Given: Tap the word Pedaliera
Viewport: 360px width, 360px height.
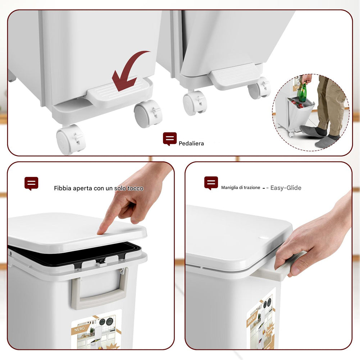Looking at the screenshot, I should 191,143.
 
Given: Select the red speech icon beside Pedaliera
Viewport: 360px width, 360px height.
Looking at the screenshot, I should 170,138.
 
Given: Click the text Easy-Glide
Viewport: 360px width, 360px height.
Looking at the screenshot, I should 286,188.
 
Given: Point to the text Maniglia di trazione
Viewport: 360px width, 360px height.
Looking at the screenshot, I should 241,188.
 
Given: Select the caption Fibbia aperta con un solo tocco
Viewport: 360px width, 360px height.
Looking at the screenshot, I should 99,188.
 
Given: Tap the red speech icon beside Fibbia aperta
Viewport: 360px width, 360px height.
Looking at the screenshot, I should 31,183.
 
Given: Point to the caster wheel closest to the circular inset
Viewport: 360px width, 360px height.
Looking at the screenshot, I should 259,88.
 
